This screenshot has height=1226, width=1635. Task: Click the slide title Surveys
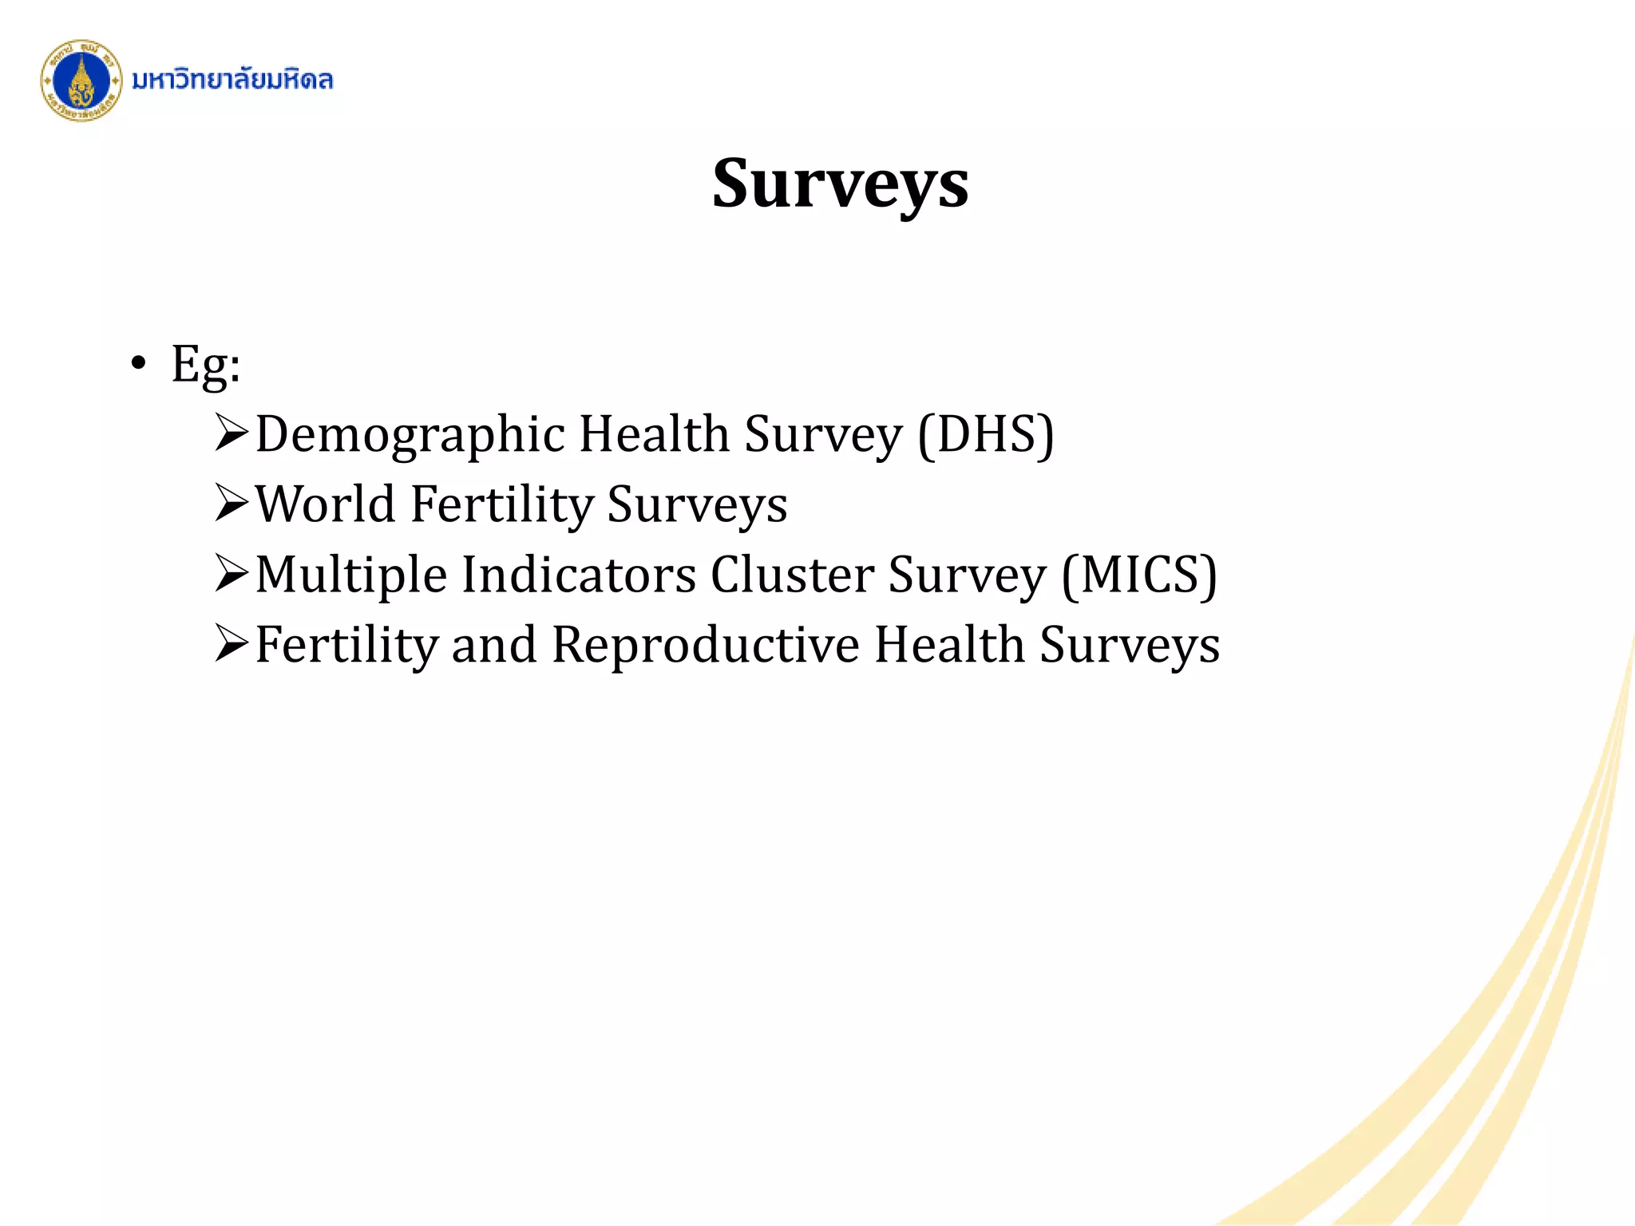click(x=840, y=184)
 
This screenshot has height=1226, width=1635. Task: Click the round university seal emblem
click(x=81, y=81)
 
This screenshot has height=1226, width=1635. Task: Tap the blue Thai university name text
click(x=232, y=80)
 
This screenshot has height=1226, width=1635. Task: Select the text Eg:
click(x=206, y=365)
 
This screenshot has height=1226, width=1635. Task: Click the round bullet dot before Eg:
click(x=139, y=364)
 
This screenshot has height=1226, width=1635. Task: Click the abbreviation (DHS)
click(x=986, y=435)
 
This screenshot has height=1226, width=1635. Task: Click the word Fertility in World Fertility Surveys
click(x=501, y=504)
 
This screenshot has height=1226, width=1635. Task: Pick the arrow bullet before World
click(x=232, y=504)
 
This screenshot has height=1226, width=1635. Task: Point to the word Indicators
click(x=579, y=575)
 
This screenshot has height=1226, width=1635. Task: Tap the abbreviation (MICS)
click(x=1138, y=575)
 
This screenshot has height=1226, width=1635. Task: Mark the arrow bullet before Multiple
click(x=232, y=574)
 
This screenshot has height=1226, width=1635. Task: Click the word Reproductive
click(x=706, y=645)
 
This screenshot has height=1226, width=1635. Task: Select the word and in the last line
click(x=493, y=645)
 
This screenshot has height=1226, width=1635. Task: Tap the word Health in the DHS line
click(x=654, y=435)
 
